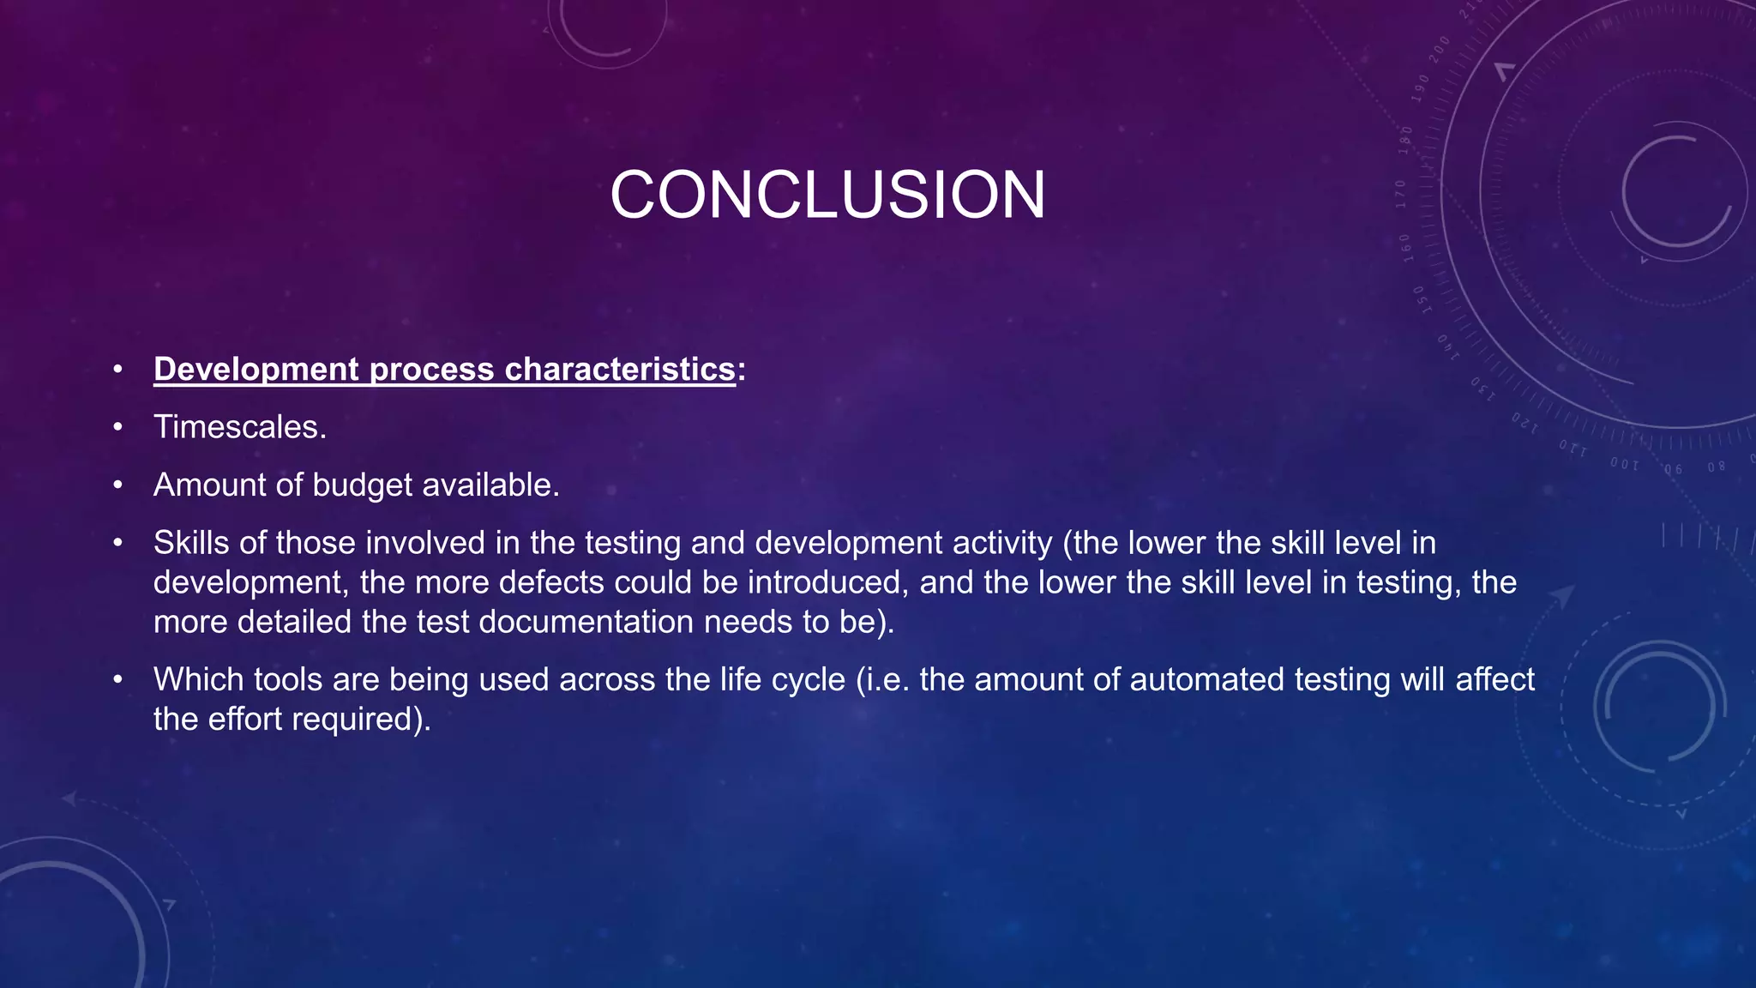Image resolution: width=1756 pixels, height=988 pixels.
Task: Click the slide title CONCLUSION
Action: click(x=827, y=195)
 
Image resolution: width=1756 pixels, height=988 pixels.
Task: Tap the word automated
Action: click(x=1207, y=679)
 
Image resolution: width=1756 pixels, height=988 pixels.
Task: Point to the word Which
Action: click(x=199, y=679)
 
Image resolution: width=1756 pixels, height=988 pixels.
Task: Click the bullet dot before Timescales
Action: click(x=118, y=426)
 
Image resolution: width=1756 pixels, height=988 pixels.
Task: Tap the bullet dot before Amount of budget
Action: click(x=118, y=485)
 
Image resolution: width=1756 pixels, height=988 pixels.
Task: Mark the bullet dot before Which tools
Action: click(x=118, y=679)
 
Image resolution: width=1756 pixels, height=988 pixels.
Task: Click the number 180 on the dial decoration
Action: click(x=1405, y=140)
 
